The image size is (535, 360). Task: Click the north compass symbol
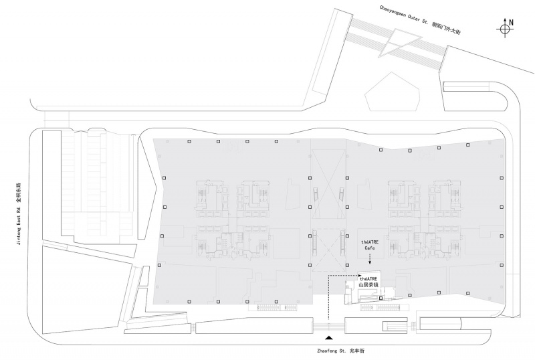pos(505,29)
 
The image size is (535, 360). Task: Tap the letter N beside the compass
pos(511,23)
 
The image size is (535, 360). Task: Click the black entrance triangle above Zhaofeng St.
pos(328,338)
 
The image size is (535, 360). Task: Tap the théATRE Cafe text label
pos(370,245)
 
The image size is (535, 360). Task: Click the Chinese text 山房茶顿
pos(368,284)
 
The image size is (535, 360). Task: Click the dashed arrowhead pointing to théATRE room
pos(356,275)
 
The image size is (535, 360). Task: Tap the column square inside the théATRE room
pos(381,298)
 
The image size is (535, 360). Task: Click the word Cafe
pos(370,248)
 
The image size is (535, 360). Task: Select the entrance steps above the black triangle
pos(328,327)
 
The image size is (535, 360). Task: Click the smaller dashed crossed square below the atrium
pos(328,250)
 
